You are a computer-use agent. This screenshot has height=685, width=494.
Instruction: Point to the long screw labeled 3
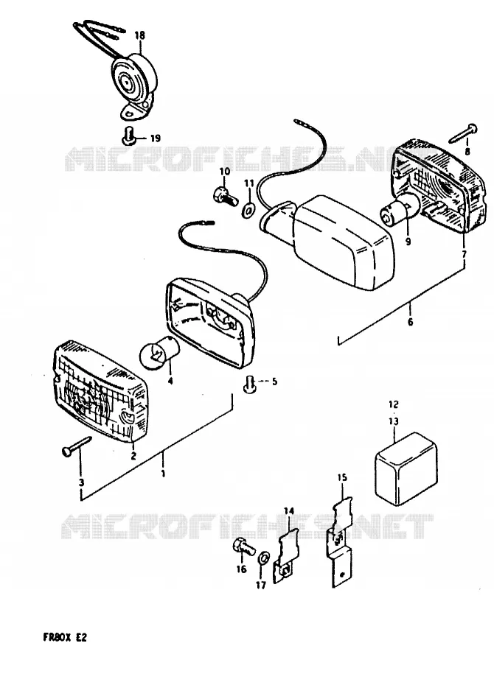coord(76,446)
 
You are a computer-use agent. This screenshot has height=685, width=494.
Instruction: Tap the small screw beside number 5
coord(249,385)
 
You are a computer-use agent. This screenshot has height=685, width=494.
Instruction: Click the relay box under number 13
coord(406,468)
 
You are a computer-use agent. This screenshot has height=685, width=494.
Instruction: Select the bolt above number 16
coord(242,547)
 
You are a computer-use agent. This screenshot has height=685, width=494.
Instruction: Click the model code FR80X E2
coord(65,637)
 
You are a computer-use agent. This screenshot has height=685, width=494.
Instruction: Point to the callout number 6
coord(410,323)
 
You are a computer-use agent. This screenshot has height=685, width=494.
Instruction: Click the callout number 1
coord(163,473)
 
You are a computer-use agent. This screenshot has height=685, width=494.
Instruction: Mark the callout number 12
coord(394,404)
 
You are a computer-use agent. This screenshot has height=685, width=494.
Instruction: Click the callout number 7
coord(464,253)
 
